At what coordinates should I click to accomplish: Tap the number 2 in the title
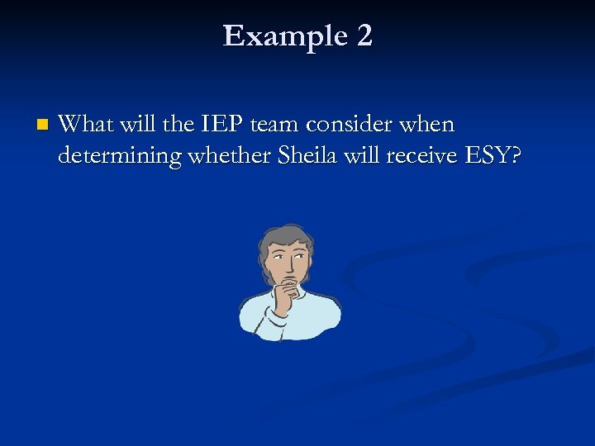pos(364,36)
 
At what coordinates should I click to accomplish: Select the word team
pos(273,125)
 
